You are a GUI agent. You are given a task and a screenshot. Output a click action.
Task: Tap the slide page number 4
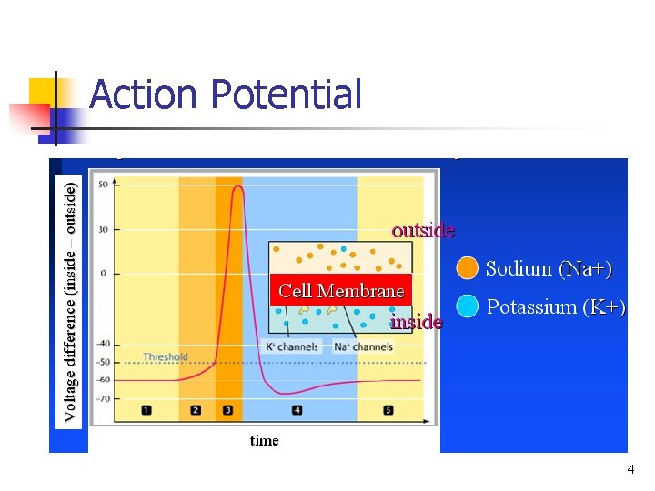(630, 470)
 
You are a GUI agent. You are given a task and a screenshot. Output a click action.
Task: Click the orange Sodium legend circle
(467, 267)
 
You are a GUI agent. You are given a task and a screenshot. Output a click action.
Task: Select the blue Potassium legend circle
(467, 306)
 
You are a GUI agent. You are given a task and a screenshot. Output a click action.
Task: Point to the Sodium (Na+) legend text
(549, 268)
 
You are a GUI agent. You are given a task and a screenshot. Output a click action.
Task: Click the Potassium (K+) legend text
(556, 307)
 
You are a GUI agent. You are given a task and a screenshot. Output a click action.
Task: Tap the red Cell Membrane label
(341, 291)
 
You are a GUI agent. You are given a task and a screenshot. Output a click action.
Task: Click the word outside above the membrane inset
(423, 230)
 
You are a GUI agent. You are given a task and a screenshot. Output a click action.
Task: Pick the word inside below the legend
(416, 322)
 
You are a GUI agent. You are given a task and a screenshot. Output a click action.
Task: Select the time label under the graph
(265, 441)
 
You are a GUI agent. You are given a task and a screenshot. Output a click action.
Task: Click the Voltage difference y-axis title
(71, 299)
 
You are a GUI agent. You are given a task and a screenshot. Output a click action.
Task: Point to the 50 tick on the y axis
(103, 185)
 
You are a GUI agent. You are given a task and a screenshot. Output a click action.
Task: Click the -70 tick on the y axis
(102, 398)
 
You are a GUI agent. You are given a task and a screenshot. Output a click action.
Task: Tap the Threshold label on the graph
(166, 357)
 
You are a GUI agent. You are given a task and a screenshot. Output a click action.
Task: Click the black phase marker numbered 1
(146, 410)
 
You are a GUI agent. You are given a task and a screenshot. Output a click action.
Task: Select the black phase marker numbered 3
(227, 410)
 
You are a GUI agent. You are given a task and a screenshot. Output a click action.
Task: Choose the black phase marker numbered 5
(388, 410)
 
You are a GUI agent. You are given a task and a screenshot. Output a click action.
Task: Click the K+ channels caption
(291, 346)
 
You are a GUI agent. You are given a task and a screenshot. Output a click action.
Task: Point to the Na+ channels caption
(363, 346)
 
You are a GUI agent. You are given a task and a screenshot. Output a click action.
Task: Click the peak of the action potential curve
(237, 188)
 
